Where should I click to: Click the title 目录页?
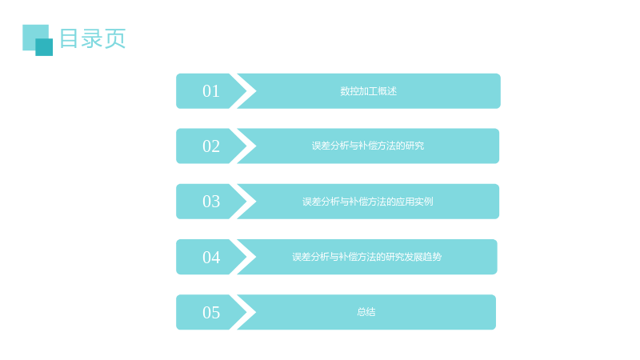click(x=93, y=38)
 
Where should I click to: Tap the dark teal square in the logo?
click(x=44, y=47)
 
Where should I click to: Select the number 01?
click(x=211, y=91)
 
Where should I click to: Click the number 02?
click(x=211, y=146)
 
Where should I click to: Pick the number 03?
click(x=211, y=202)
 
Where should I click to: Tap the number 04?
click(x=211, y=257)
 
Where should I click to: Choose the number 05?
click(x=211, y=312)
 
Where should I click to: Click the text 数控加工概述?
click(x=369, y=91)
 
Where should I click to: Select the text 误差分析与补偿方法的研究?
click(x=368, y=146)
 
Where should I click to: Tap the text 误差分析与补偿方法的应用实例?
click(x=368, y=202)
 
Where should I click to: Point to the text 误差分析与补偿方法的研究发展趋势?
click(x=367, y=257)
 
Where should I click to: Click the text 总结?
click(x=366, y=312)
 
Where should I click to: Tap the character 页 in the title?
click(x=115, y=38)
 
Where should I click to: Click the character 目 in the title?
click(x=69, y=38)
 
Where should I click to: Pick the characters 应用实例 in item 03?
click(x=414, y=202)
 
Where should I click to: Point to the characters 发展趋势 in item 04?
click(x=423, y=257)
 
